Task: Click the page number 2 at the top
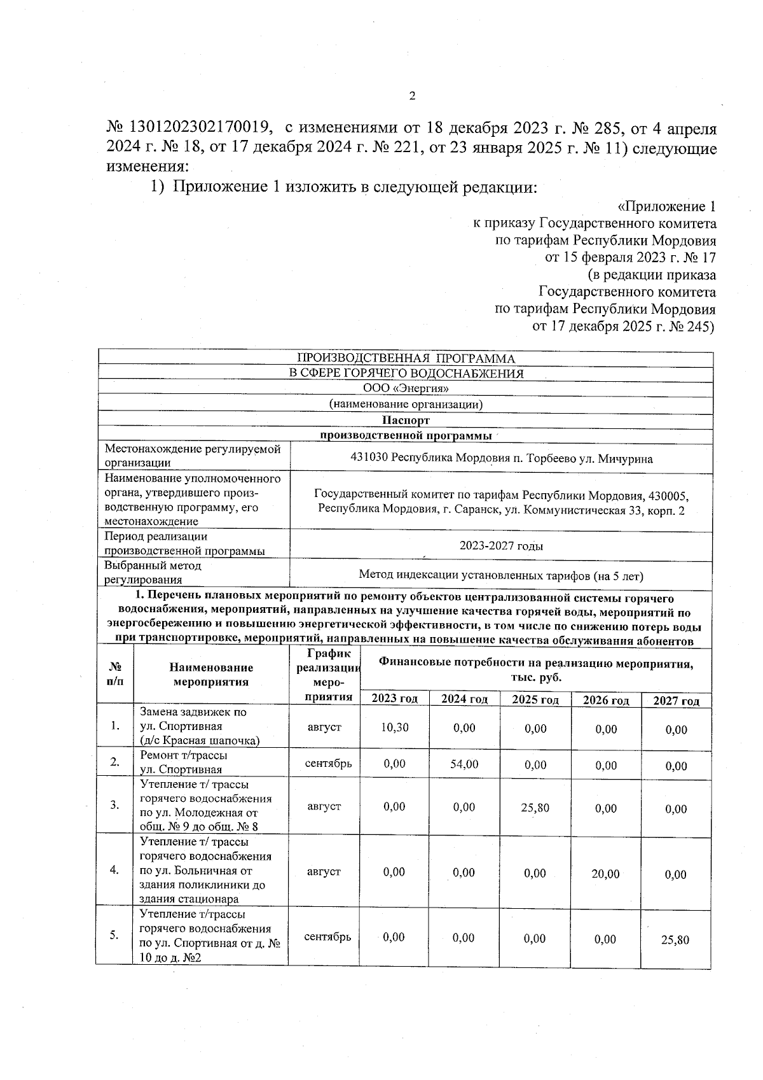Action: click(x=411, y=96)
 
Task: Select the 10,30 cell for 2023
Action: click(x=394, y=727)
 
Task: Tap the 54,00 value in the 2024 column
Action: click(x=464, y=764)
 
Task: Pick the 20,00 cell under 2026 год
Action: click(x=605, y=874)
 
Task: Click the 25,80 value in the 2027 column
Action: click(x=675, y=939)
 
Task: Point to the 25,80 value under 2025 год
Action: click(x=535, y=808)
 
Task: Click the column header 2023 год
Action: click(x=394, y=699)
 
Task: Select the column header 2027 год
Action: click(x=676, y=701)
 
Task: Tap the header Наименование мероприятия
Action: click(x=211, y=675)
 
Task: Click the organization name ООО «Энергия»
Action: click(x=406, y=388)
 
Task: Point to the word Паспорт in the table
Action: click(x=406, y=420)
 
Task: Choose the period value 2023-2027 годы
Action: click(x=501, y=546)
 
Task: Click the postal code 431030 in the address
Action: click(x=369, y=458)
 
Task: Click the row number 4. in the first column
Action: click(x=114, y=870)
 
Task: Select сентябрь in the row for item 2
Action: click(x=327, y=763)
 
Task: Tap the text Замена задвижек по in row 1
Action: click(x=193, y=712)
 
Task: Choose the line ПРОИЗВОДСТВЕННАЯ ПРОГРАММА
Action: click(x=406, y=358)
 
